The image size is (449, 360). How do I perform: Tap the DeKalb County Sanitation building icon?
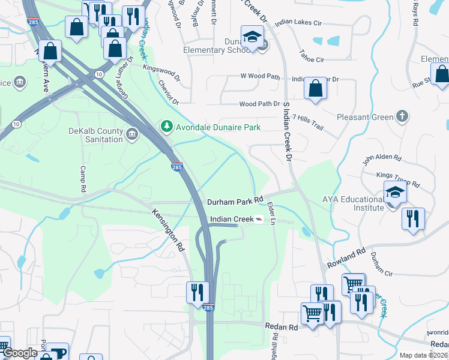(x=131, y=133)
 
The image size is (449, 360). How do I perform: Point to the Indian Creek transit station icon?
(x=258, y=220)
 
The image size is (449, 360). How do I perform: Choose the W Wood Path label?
(x=260, y=76)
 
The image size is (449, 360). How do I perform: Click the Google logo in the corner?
(x=20, y=353)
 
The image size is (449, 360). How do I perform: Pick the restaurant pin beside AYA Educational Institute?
(x=413, y=218)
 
